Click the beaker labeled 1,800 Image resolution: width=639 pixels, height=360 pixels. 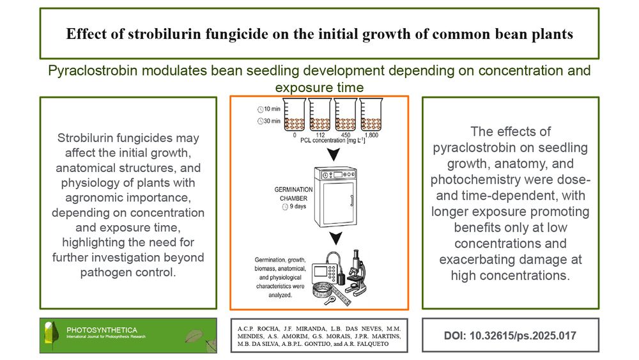pos(371,114)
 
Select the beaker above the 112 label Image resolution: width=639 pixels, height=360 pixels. pos(320,114)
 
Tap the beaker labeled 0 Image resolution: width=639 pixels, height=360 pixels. pos(295,114)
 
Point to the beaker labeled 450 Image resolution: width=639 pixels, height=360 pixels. pos(346,114)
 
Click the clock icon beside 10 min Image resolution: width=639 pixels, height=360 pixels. pos(261,109)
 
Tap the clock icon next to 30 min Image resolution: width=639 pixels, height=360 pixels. pos(261,121)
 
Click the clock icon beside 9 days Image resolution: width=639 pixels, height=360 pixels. pos(285,207)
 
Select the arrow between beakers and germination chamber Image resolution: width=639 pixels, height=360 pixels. pos(334,154)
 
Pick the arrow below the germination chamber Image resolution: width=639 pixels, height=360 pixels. pos(336,239)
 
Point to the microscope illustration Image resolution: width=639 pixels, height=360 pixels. pos(356,273)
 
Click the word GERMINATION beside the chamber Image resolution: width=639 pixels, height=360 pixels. pos(293,189)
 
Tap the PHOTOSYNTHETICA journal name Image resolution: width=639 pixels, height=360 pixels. pos(102,330)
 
